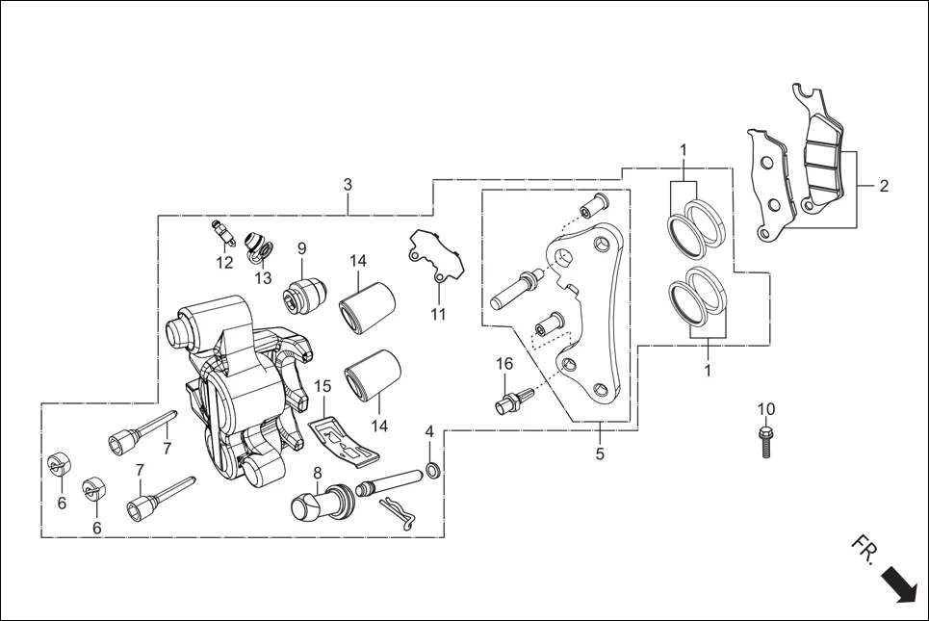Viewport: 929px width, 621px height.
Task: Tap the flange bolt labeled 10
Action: click(x=766, y=441)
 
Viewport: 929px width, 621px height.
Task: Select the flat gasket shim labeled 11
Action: click(x=435, y=256)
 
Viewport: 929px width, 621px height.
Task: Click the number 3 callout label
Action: click(x=348, y=184)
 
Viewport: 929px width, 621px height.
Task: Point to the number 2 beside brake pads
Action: click(x=884, y=186)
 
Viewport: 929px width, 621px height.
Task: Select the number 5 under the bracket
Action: click(x=600, y=454)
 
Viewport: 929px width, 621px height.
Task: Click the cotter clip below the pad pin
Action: click(x=400, y=515)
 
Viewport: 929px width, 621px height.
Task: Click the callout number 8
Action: click(x=316, y=472)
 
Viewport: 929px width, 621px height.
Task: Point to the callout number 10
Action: click(x=765, y=409)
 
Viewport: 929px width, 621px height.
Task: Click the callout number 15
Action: click(x=323, y=386)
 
